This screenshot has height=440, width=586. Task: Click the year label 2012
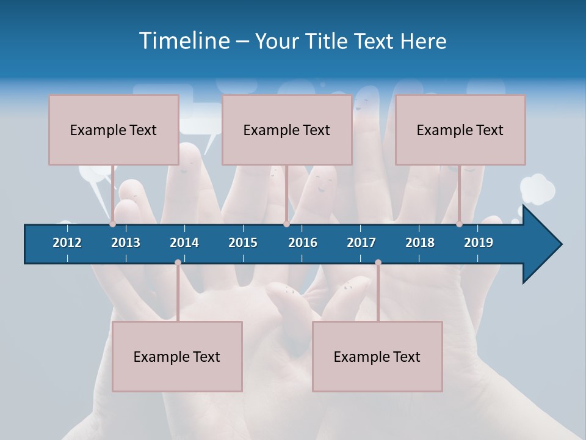(x=67, y=243)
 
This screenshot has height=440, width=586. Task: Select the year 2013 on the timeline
(x=126, y=243)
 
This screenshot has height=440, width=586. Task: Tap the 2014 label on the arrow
(x=184, y=243)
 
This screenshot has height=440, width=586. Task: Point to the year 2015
(x=243, y=243)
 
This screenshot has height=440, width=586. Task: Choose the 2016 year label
(x=303, y=243)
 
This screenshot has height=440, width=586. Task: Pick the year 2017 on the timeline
(x=361, y=243)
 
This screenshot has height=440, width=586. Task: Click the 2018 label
(x=420, y=243)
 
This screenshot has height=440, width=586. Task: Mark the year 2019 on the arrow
(x=479, y=243)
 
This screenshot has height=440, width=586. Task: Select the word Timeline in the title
(x=183, y=41)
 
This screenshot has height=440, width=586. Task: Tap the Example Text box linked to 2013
(x=114, y=130)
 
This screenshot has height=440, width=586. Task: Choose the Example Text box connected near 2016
(x=287, y=130)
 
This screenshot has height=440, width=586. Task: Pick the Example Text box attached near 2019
(x=460, y=130)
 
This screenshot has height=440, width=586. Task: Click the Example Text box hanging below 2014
(x=177, y=356)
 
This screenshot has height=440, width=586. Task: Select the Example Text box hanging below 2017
(x=377, y=356)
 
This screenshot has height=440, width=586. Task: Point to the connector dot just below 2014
(x=178, y=263)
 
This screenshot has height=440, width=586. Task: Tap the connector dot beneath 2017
(x=378, y=263)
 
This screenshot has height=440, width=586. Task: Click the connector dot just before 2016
(x=286, y=224)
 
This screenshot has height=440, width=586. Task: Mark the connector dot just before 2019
(x=459, y=224)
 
